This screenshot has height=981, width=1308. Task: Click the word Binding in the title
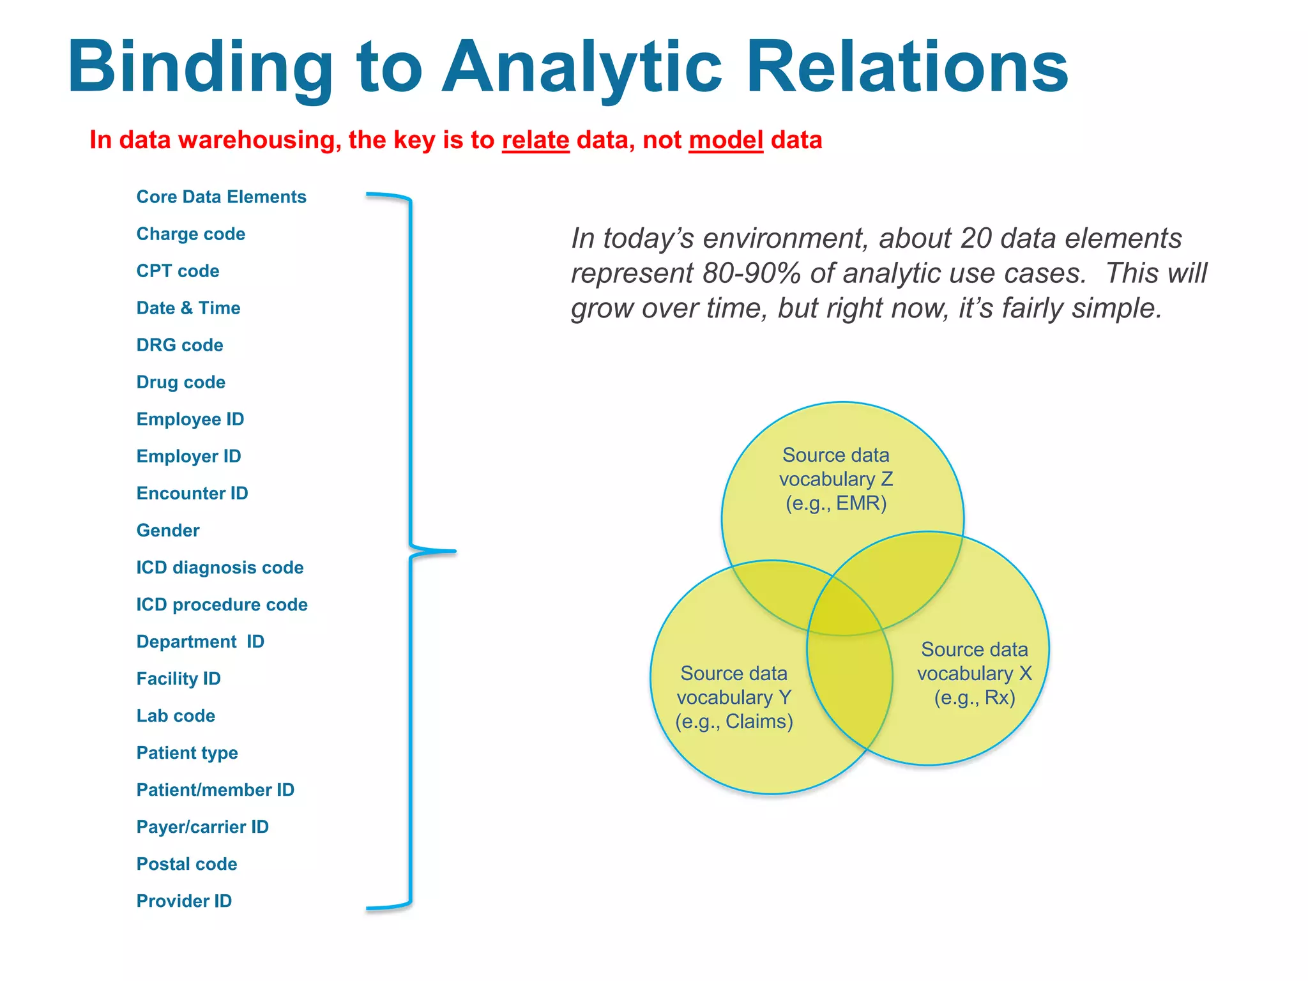(x=199, y=68)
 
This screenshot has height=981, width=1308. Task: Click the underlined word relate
(x=535, y=140)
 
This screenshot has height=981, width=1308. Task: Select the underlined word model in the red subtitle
(x=726, y=140)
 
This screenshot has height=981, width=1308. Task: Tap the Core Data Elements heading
(x=221, y=197)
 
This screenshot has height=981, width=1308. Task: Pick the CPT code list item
(x=178, y=271)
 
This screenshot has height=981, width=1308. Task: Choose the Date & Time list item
(x=188, y=308)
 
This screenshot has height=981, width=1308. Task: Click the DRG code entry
(x=179, y=345)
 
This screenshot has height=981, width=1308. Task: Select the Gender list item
(x=168, y=530)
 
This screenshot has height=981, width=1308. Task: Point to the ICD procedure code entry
(x=222, y=604)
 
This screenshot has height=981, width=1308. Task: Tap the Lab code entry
(x=176, y=715)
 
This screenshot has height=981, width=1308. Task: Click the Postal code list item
(x=186, y=863)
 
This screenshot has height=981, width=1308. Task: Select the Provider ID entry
(x=184, y=901)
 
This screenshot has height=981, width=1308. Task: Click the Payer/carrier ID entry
(x=202, y=826)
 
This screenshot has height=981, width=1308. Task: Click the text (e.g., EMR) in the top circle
(x=836, y=503)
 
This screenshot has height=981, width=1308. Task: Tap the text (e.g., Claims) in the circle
(x=734, y=722)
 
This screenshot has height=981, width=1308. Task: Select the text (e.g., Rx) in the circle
(x=975, y=697)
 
